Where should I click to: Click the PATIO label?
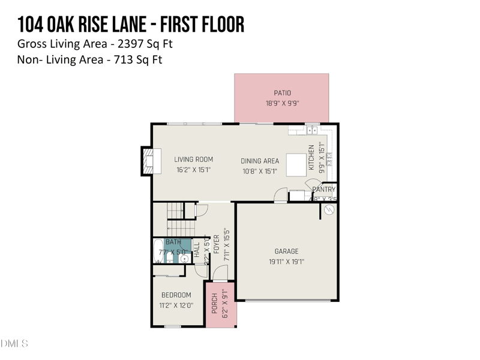tap(282, 93)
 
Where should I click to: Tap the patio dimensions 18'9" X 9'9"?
tap(282, 103)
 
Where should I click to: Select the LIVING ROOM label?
tap(193, 160)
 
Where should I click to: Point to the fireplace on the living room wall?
tap(148, 161)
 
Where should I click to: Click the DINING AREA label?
tap(260, 161)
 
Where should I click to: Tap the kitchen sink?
tap(311, 130)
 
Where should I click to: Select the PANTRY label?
tap(324, 190)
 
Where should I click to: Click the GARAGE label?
tap(286, 251)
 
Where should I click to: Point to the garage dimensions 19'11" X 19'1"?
tap(286, 262)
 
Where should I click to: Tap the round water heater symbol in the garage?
tap(328, 211)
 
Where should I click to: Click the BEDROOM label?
tap(176, 295)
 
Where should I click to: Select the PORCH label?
tap(214, 304)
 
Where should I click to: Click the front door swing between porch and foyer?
tap(220, 274)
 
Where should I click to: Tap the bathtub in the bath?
tap(157, 252)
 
